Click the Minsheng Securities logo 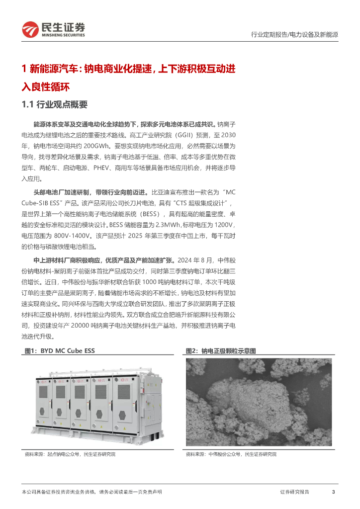tap(54, 29)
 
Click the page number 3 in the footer tap(333, 492)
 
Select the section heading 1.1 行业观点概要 tap(55, 104)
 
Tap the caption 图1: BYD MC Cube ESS tap(60, 350)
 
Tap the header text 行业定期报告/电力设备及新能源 tap(294, 34)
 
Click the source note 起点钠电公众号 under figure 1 tap(63, 454)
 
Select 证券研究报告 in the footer tap(294, 492)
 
